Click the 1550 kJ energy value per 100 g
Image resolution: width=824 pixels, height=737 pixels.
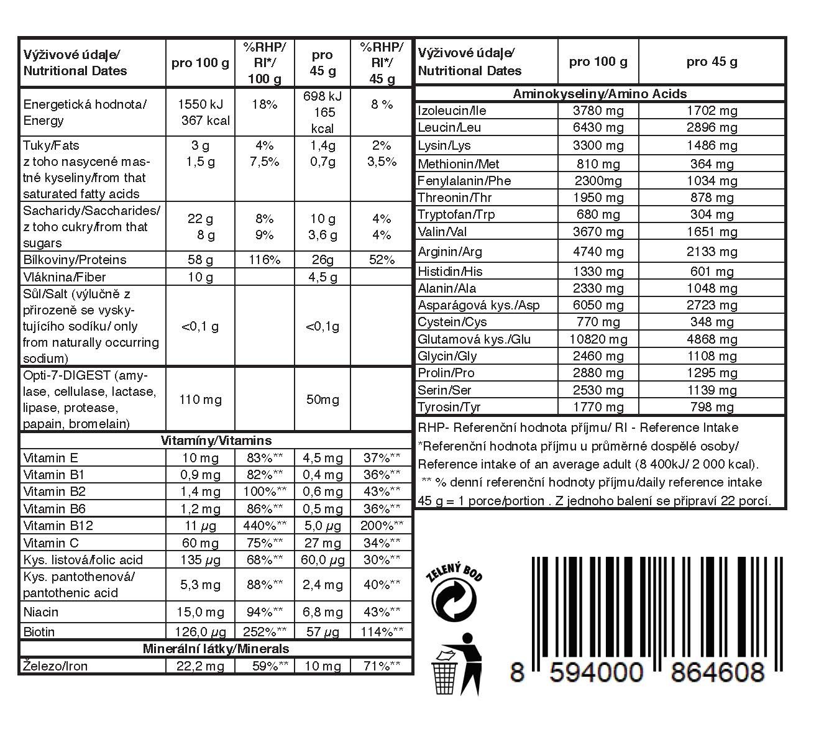(200, 104)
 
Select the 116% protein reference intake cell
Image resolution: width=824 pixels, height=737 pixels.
(264, 260)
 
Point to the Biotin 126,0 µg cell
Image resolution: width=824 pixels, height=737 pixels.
(200, 632)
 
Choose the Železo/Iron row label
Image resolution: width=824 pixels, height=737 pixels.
(55, 666)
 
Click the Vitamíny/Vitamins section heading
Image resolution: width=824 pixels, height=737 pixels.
(216, 441)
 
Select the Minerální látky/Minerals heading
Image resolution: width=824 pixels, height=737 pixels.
(216, 649)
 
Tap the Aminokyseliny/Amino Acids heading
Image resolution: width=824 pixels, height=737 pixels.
(599, 94)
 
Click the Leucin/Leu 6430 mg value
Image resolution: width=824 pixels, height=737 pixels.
(597, 127)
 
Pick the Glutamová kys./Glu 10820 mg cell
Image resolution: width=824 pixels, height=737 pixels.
(597, 339)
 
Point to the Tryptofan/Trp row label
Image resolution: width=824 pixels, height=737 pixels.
(456, 214)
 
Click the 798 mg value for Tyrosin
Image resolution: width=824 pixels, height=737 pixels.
(712, 408)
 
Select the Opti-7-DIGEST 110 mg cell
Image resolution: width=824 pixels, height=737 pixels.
(200, 400)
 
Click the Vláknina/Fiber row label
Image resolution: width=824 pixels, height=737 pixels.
(65, 277)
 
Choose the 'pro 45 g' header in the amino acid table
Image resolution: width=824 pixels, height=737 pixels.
(712, 62)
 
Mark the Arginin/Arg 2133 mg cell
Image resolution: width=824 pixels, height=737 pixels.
(712, 252)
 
